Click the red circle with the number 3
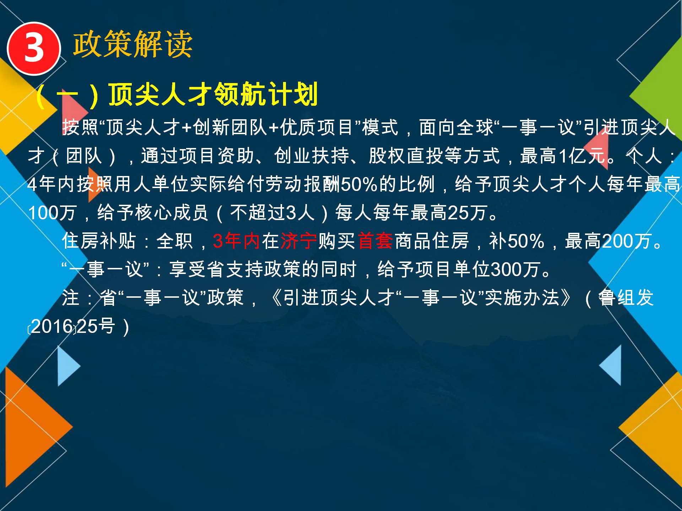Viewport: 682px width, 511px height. pos(34,49)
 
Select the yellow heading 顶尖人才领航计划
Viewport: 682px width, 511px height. pos(213,94)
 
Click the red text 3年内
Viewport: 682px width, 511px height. pos(236,241)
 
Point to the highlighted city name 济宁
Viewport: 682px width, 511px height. pos(298,241)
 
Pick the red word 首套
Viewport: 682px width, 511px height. pos(375,241)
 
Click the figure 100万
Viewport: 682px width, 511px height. pos(52,213)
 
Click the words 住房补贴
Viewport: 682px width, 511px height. pos(99,241)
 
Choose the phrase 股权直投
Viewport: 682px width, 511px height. pos(406,156)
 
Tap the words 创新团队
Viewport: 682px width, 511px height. pos(230,127)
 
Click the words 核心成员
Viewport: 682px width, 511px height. pos(172,213)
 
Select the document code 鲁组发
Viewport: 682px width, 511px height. pos(626,298)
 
